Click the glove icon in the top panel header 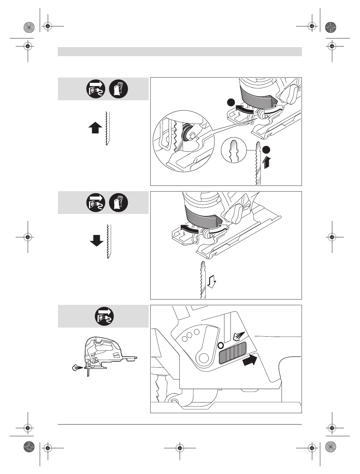click(x=119, y=89)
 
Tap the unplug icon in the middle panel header click(x=96, y=203)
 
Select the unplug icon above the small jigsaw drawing click(x=105, y=316)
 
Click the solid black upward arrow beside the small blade click(x=96, y=128)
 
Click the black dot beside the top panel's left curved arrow click(x=230, y=103)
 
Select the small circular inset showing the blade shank click(x=234, y=151)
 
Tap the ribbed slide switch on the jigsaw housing click(x=232, y=353)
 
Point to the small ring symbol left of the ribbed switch click(x=220, y=345)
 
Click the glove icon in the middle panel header click(x=119, y=203)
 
